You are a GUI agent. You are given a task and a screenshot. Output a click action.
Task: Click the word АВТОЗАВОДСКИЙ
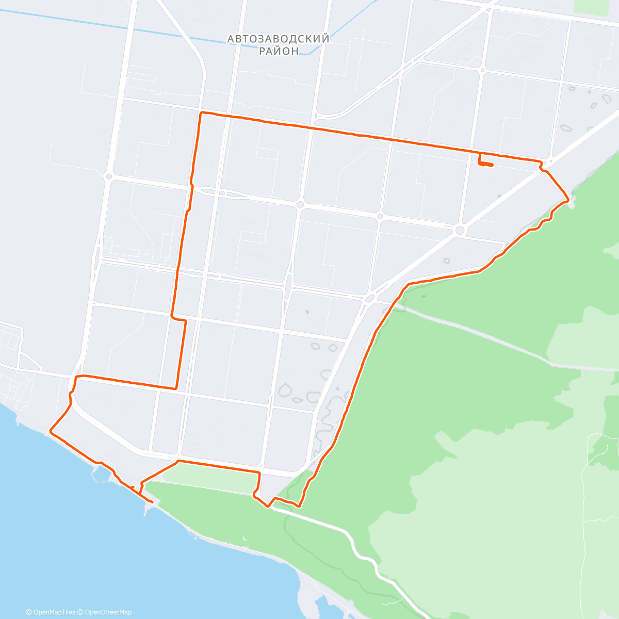coord(278,39)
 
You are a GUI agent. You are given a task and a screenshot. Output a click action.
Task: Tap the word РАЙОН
coord(279,51)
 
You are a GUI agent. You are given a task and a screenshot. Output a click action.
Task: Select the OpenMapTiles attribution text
coord(54,612)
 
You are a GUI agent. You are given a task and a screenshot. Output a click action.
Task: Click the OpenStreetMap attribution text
coord(108,612)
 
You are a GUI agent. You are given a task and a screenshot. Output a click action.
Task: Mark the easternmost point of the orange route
coord(569,198)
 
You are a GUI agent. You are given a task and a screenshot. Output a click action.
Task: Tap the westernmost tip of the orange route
coord(50,430)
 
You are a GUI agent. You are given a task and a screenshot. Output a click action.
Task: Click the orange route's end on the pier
coord(152,502)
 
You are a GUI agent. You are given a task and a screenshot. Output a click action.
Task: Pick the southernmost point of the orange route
coord(268,507)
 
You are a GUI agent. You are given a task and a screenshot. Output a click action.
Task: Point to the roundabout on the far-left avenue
coord(108,176)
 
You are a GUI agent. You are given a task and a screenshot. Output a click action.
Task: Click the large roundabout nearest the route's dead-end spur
coord(460,230)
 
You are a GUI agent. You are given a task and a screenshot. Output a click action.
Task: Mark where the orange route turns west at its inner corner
coord(176,387)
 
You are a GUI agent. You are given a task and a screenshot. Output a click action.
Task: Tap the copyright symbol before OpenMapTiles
coord(29,612)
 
